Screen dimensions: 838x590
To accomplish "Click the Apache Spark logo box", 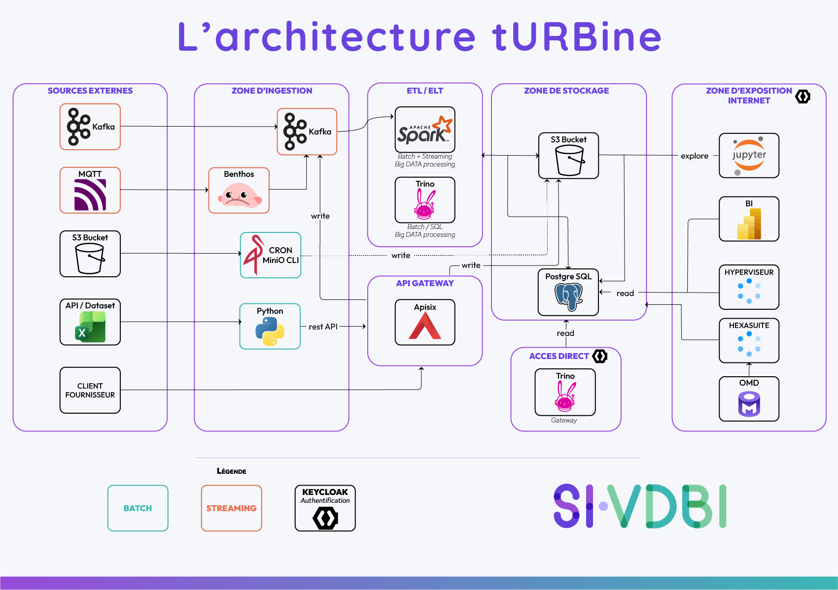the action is (x=425, y=130).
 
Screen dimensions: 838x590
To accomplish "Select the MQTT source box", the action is (x=90, y=190).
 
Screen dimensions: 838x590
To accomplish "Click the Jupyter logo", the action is (x=749, y=156).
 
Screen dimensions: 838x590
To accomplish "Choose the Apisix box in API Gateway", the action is (x=425, y=322).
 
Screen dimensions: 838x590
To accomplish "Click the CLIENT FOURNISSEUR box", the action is (x=90, y=390).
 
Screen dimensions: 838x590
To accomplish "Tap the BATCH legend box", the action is (x=138, y=508).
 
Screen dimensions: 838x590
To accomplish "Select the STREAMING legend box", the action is (x=232, y=508).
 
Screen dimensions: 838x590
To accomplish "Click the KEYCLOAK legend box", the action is (x=325, y=508).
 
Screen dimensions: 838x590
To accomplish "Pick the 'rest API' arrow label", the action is (x=323, y=327).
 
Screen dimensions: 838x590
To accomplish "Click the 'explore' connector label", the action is (x=695, y=156).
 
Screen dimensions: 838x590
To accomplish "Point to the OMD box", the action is (x=749, y=399).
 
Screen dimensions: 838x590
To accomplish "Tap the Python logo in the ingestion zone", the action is (x=270, y=331).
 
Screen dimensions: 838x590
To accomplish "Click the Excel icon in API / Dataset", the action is (x=90, y=327).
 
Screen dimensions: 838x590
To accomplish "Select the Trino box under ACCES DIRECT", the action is (x=565, y=393).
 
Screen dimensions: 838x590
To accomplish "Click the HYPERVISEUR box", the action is (x=749, y=287).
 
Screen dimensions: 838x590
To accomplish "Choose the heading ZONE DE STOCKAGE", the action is (x=566, y=91).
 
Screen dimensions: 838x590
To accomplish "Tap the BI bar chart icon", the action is (x=749, y=224).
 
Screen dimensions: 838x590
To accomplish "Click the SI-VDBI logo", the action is (x=640, y=506).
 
